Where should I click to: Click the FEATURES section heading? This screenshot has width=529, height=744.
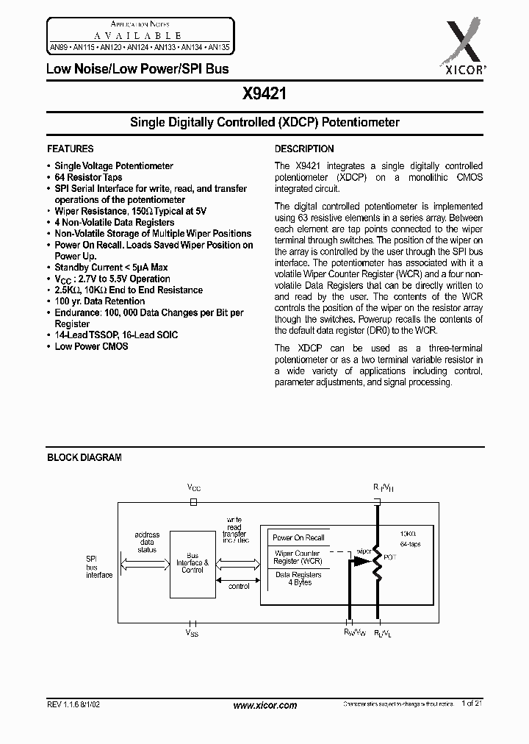pyautogui.click(x=71, y=149)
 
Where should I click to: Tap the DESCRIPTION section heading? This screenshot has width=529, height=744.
pyautogui.click(x=304, y=149)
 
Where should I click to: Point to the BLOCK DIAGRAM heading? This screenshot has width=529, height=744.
pyautogui.click(x=84, y=457)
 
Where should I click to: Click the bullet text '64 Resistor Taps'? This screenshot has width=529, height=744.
pyautogui.click(x=88, y=178)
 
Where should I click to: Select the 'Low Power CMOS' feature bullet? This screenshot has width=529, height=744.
pyautogui.click(x=91, y=346)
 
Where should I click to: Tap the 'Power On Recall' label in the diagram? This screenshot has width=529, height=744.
pyautogui.click(x=299, y=537)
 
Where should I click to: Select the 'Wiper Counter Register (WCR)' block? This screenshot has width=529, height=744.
pyautogui.click(x=298, y=557)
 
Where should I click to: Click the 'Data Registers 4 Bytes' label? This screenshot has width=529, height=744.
pyautogui.click(x=298, y=579)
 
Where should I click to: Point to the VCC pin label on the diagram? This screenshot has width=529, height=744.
pyautogui.click(x=193, y=487)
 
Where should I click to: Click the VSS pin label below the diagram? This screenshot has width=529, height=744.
pyautogui.click(x=192, y=631)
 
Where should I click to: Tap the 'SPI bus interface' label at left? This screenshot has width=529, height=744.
pyautogui.click(x=99, y=567)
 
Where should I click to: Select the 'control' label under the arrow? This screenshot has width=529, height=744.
pyautogui.click(x=240, y=586)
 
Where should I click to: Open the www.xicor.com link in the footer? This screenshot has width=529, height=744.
pyautogui.click(x=264, y=705)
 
